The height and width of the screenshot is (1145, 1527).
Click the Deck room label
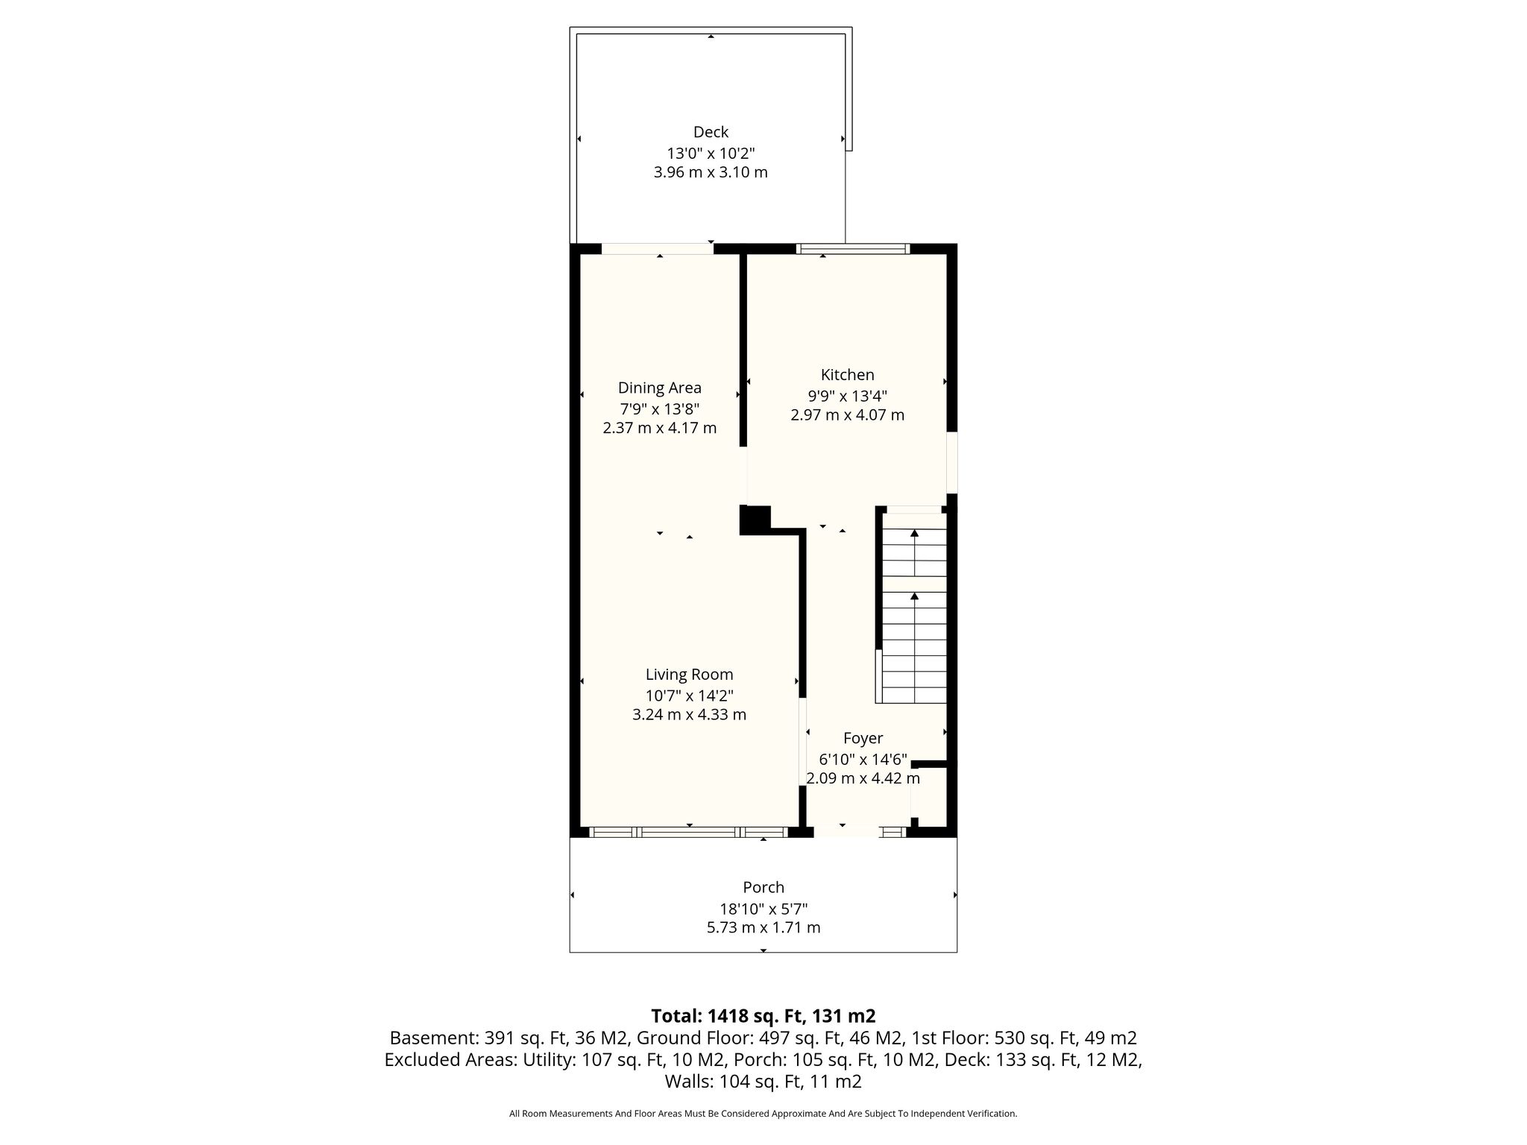[x=711, y=132]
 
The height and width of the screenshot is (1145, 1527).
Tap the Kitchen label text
[x=847, y=375]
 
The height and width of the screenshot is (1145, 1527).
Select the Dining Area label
[x=660, y=388]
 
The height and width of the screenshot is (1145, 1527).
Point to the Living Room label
[x=690, y=675]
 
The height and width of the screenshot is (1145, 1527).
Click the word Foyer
[x=863, y=739]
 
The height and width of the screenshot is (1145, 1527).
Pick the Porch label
[x=763, y=888]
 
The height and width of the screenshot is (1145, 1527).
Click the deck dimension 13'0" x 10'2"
[x=711, y=154]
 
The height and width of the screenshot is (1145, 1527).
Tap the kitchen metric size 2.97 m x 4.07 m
[x=847, y=415]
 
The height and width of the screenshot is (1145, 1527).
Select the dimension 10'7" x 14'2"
[x=690, y=696]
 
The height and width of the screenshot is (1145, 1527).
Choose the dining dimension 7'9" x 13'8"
[x=660, y=409]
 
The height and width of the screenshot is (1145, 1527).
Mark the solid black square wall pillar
[x=755, y=520]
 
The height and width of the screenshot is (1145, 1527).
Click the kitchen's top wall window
[x=853, y=249]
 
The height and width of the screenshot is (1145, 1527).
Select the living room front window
[x=688, y=832]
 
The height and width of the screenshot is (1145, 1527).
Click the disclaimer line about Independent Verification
[x=763, y=1114]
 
